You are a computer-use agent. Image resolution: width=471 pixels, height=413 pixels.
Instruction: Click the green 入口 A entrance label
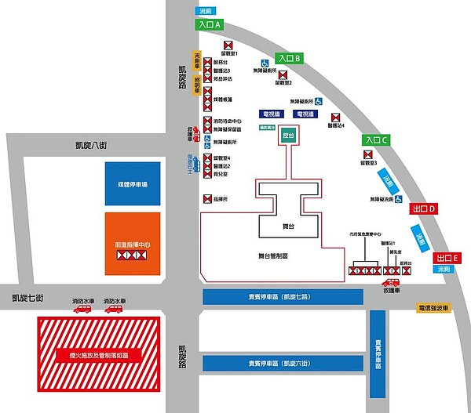coord(208,25)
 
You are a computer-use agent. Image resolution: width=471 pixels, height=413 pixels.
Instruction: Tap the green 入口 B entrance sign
coord(289,58)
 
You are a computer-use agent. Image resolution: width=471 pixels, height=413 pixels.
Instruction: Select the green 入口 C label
coord(376,140)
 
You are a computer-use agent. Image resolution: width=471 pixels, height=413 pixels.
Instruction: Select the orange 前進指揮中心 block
coord(133,243)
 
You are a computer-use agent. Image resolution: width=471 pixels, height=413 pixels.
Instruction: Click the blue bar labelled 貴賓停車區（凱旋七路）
coord(283,297)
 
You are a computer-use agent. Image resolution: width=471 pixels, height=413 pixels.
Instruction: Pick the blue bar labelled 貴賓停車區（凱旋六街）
coord(283,364)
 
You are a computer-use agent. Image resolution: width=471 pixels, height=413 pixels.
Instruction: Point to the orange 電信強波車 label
coord(434,308)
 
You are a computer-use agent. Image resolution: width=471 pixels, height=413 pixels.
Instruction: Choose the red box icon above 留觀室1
coord(229,45)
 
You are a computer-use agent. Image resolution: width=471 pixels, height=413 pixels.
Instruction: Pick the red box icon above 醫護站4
coord(338,116)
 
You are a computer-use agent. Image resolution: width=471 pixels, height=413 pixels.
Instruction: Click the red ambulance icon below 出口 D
coord(390,282)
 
